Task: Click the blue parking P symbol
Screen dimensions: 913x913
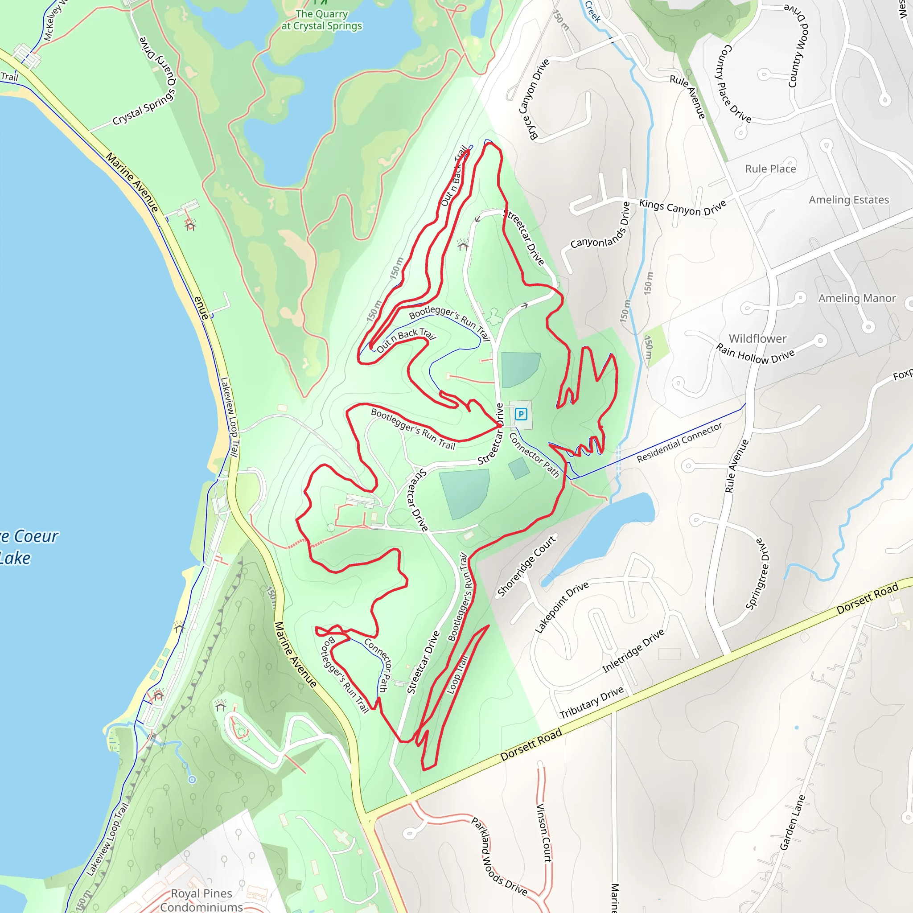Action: (x=521, y=415)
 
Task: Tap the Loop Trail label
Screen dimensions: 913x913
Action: (x=457, y=675)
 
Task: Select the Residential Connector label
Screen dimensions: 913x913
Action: (x=679, y=443)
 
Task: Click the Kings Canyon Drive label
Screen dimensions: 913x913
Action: (x=683, y=206)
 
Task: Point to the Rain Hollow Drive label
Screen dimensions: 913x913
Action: (x=755, y=354)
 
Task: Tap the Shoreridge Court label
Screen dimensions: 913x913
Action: (x=527, y=566)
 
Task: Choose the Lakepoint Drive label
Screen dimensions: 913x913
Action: (x=561, y=607)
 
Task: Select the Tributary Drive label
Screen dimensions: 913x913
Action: (x=592, y=702)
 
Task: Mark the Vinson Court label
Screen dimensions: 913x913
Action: (x=544, y=833)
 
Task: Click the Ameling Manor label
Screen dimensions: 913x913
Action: (x=857, y=298)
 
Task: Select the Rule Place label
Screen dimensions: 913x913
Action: (x=770, y=169)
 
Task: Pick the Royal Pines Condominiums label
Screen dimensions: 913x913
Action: (x=202, y=900)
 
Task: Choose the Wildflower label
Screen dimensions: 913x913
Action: (x=757, y=338)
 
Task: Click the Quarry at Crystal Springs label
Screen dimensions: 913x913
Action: (x=322, y=20)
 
